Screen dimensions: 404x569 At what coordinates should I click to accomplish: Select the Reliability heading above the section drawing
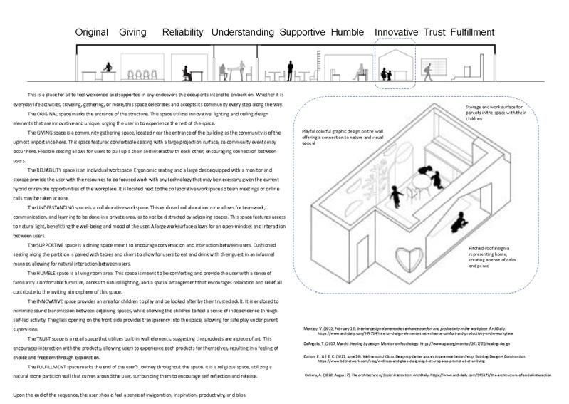(x=184, y=32)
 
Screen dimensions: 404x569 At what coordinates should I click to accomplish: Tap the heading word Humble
(x=348, y=32)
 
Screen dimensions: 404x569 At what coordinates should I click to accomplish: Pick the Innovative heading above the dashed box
(x=396, y=32)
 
